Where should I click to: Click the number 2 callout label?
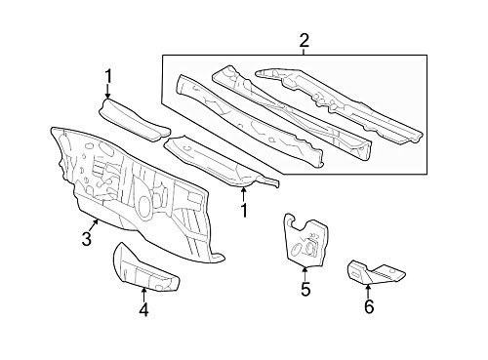tap(304, 41)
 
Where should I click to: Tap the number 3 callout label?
tap(87, 239)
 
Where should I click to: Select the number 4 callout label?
tap(142, 310)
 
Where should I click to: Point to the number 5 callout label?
tap(305, 288)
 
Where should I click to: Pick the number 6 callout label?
tap(368, 307)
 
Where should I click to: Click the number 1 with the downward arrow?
tap(108, 75)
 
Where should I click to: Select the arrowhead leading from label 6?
tap(368, 284)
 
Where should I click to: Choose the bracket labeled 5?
tap(304, 240)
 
